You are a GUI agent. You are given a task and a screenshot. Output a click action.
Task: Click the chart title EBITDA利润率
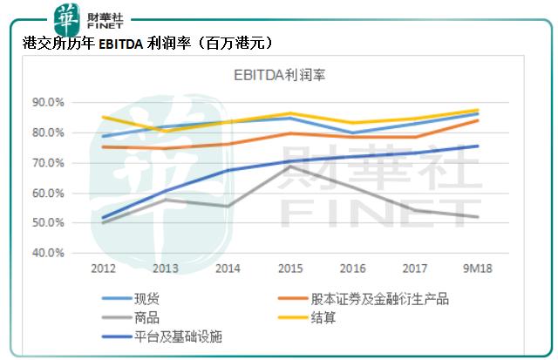click(x=277, y=75)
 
